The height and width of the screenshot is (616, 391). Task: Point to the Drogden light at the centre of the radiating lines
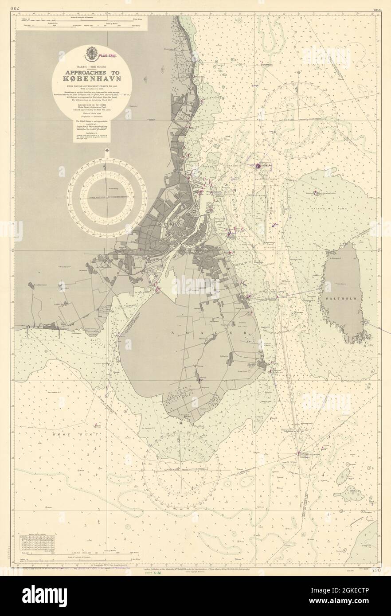click(298, 441)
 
